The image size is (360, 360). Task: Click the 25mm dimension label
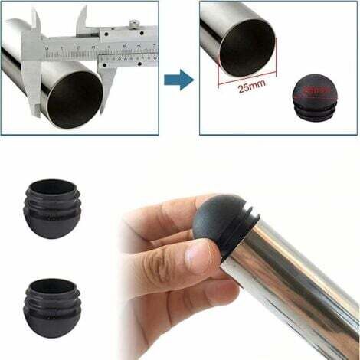pos(250,89)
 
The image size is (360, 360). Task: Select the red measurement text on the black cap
pos(315,90)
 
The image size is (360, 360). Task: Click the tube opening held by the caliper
pos(74,98)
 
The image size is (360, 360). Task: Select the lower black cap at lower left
pos(51,301)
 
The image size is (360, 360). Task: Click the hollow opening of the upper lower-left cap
pos(51,187)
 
